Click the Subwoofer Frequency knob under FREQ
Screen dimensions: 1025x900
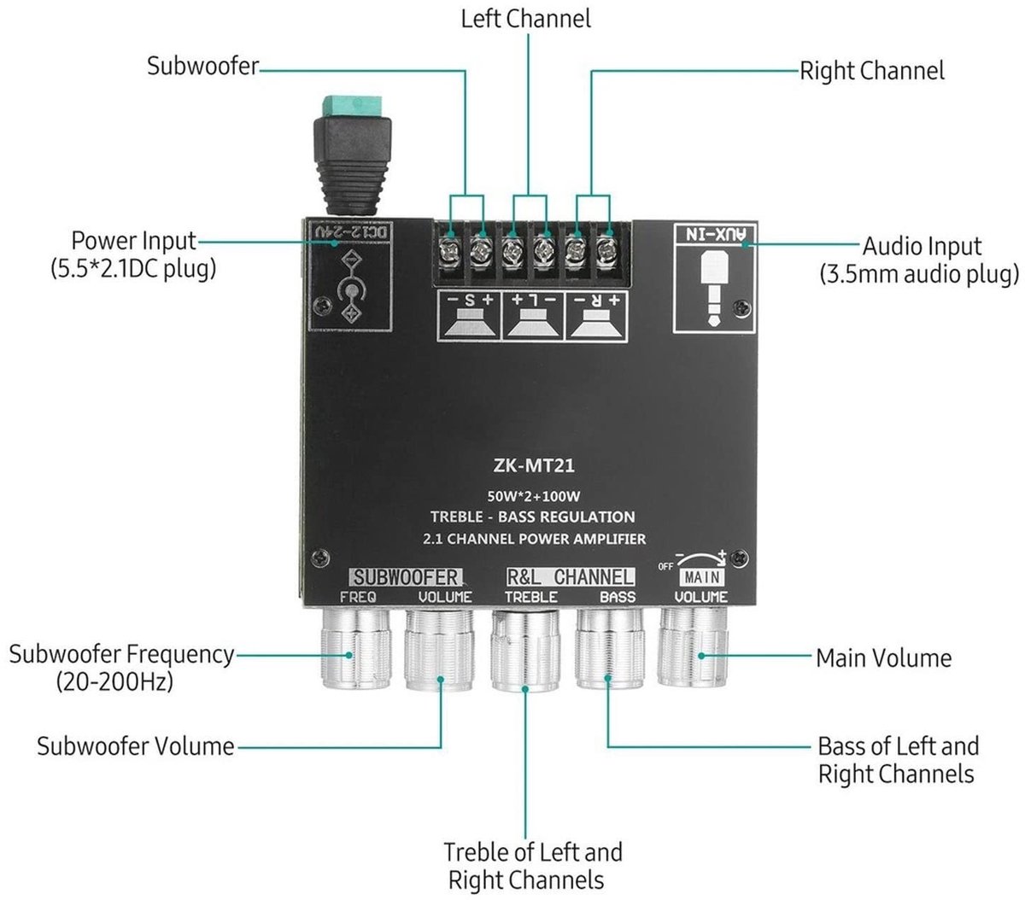coord(357,647)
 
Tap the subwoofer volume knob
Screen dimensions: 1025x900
coord(440,650)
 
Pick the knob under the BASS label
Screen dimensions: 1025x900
coord(610,648)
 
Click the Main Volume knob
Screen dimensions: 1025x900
coord(692,647)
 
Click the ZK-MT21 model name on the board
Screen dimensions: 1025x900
coord(534,465)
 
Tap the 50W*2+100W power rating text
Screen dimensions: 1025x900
coord(533,496)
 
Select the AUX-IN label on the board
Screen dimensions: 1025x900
coord(716,234)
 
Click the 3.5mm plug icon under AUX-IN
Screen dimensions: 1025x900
coord(714,288)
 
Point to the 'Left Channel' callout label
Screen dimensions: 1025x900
coord(525,20)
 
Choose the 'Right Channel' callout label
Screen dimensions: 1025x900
coord(872,71)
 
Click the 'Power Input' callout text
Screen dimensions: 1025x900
coord(133,241)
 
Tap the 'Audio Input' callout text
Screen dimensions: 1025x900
coord(922,247)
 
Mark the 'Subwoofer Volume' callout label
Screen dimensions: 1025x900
coord(136,746)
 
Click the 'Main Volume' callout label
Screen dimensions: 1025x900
coord(883,658)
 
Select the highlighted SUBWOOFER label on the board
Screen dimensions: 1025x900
coord(405,577)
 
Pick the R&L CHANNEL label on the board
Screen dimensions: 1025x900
coord(571,576)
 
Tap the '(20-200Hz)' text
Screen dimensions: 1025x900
coord(114,681)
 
